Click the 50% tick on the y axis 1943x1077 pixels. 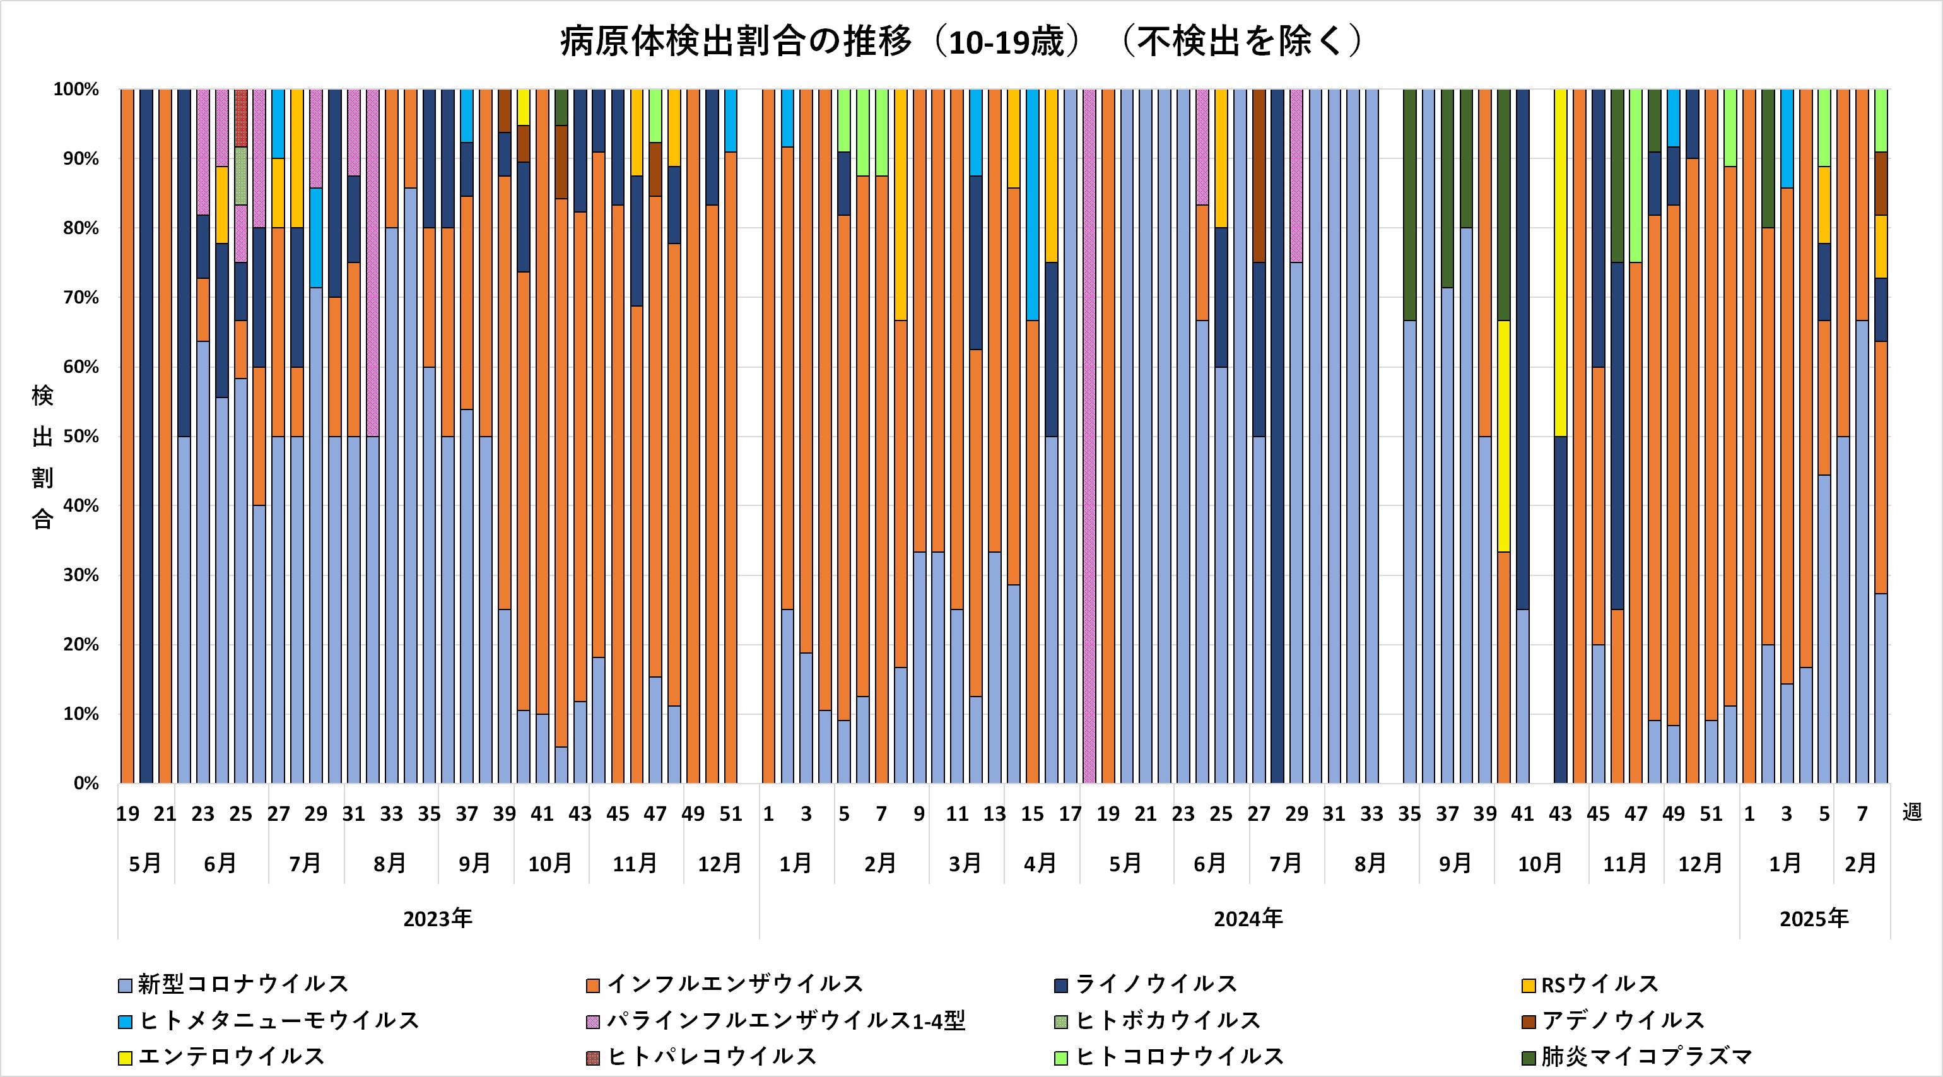(x=81, y=437)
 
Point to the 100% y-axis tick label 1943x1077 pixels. (x=76, y=90)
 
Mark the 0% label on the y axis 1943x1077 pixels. (x=86, y=784)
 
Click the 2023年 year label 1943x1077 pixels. (x=437, y=919)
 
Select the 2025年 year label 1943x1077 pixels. (x=1814, y=919)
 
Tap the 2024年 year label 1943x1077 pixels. (x=1248, y=919)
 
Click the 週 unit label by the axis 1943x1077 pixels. (x=1911, y=812)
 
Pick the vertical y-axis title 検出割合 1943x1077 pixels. (x=42, y=457)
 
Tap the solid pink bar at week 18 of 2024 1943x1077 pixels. (x=1088, y=437)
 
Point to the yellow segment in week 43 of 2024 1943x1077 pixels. (x=1560, y=263)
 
